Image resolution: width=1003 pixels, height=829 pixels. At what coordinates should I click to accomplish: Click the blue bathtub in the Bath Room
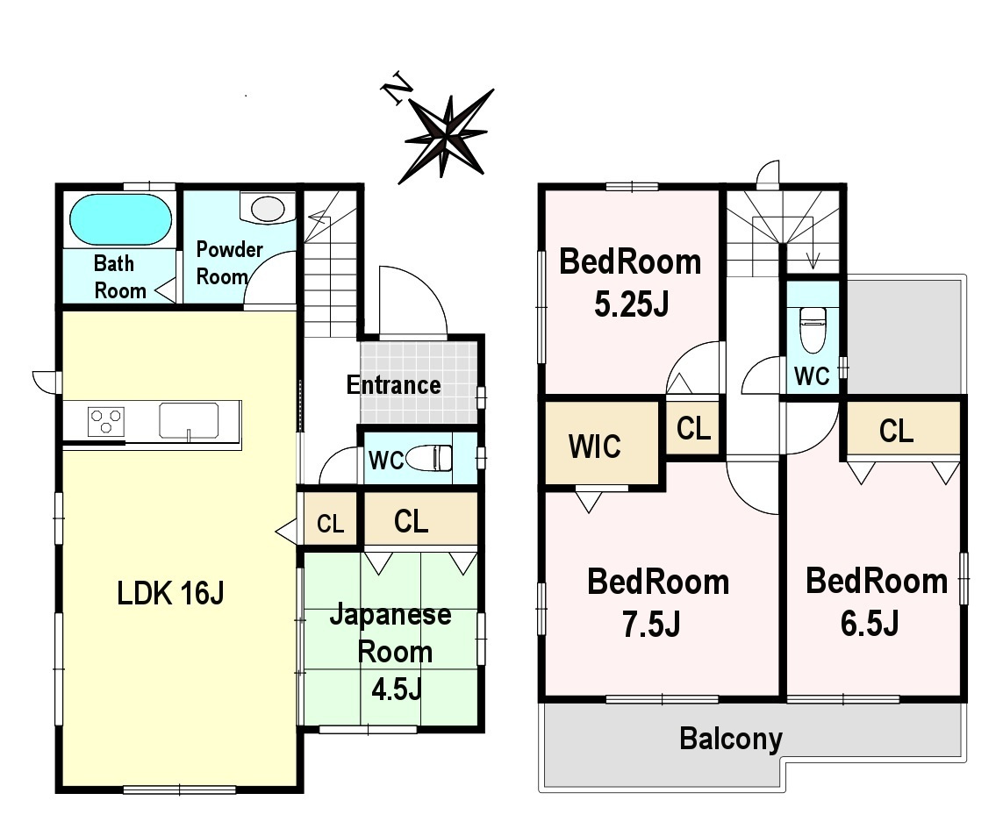pyautogui.click(x=120, y=218)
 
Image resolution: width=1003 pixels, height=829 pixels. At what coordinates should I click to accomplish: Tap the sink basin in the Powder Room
pyautogui.click(x=268, y=209)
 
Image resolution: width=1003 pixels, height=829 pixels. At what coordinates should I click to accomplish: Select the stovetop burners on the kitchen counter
pyautogui.click(x=106, y=422)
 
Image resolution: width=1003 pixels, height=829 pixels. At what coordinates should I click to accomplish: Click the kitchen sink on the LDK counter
pyautogui.click(x=189, y=421)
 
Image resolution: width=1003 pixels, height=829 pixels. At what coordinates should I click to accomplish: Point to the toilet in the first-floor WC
pyautogui.click(x=429, y=459)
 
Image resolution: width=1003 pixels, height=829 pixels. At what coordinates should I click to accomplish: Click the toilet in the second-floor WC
pyautogui.click(x=813, y=330)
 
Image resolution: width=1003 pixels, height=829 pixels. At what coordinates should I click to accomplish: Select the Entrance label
pyautogui.click(x=393, y=385)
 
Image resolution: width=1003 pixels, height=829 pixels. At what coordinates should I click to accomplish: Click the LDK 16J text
pyautogui.click(x=170, y=593)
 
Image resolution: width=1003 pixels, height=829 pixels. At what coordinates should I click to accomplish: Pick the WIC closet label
pyautogui.click(x=594, y=447)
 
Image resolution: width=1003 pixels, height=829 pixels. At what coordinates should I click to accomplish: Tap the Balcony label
pyautogui.click(x=730, y=739)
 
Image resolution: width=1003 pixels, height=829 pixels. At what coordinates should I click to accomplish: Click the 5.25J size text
pyautogui.click(x=631, y=304)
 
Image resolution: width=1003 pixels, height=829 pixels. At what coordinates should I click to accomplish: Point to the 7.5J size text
pyautogui.click(x=651, y=625)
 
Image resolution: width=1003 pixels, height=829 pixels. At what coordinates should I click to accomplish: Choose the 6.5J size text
pyautogui.click(x=870, y=623)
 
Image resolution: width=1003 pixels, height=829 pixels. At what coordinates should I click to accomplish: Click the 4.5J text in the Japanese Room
pyautogui.click(x=397, y=690)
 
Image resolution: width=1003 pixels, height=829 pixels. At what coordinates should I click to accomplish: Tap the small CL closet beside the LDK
pyautogui.click(x=330, y=519)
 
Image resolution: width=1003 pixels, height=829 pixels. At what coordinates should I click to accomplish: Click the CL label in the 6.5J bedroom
pyautogui.click(x=896, y=431)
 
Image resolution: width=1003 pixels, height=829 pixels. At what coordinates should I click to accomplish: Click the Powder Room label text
pyautogui.click(x=229, y=263)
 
